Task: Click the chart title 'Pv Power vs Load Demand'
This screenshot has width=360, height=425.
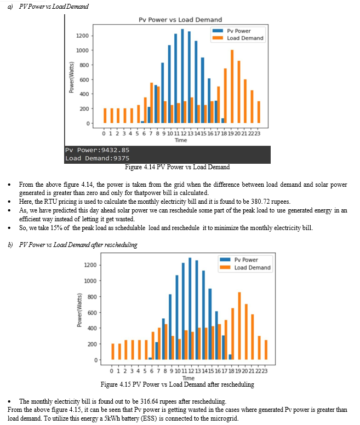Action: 180,20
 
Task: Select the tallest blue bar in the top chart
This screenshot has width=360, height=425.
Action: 182,76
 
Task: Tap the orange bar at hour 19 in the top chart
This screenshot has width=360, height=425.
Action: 232,87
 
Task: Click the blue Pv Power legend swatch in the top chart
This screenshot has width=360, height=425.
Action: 218,31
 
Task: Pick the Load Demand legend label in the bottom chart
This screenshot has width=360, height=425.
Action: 253,267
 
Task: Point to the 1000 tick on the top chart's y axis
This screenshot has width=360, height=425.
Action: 82,50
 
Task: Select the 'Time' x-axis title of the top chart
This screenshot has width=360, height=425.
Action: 181,140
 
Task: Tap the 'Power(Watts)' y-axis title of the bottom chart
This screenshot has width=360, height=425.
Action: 79,310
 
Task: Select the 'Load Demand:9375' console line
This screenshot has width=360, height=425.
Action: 97,158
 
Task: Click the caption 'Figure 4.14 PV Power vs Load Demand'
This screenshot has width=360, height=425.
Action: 178,167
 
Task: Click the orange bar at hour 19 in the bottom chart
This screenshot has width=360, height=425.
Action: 239,326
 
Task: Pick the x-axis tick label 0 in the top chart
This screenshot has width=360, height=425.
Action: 104,134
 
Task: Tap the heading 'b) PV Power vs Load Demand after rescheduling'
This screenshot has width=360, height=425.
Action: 73,245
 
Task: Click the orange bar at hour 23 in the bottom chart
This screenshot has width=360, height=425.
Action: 266,350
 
